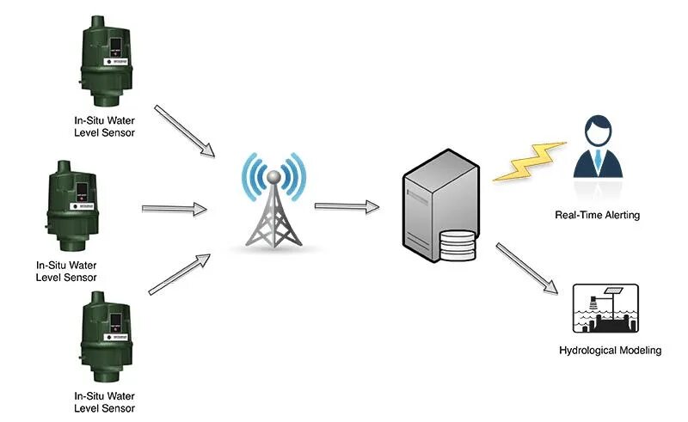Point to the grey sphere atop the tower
pyautogui.click(x=273, y=177)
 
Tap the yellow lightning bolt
pyautogui.click(x=530, y=162)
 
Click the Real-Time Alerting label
pyautogui.click(x=597, y=215)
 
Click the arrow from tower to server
pyautogui.click(x=347, y=206)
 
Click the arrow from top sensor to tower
pyautogui.click(x=184, y=130)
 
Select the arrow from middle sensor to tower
pyautogui.click(x=174, y=209)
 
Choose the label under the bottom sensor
pyautogui.click(x=104, y=402)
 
